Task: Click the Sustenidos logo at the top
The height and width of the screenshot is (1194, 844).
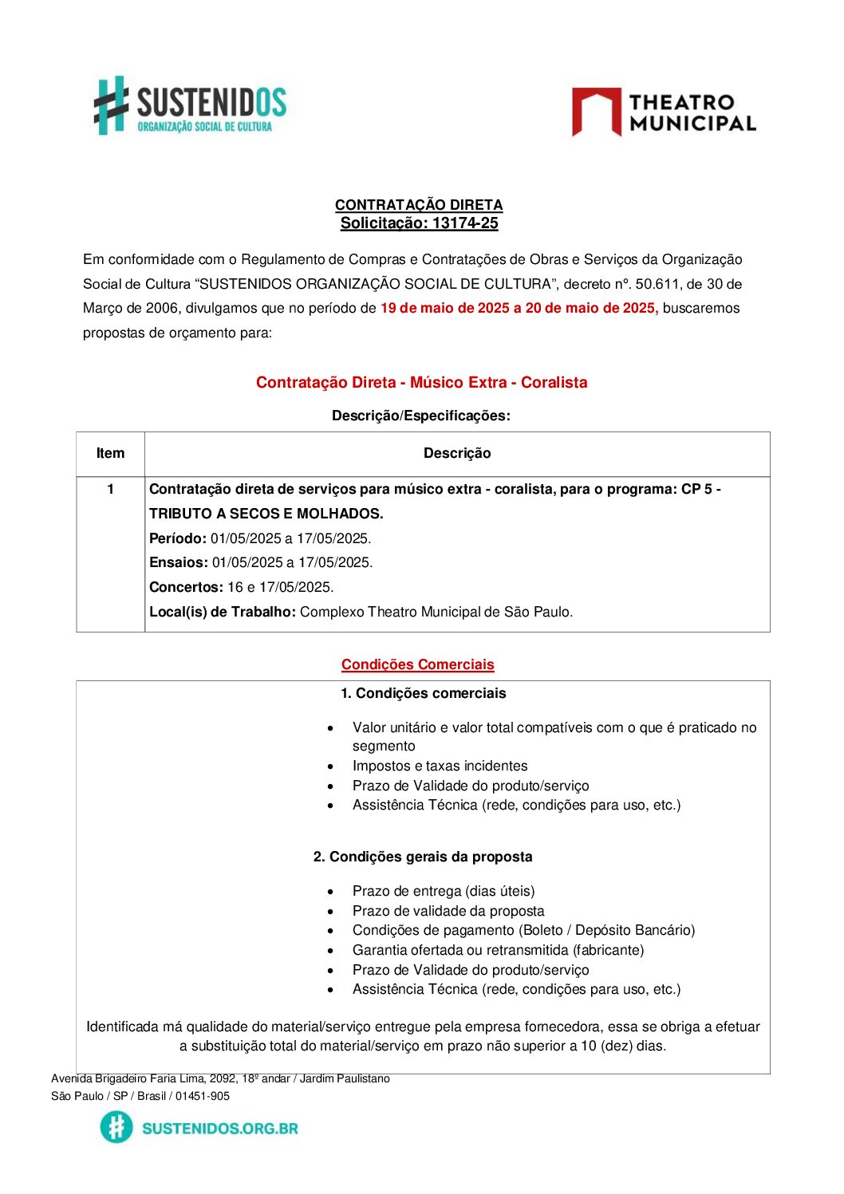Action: [190, 106]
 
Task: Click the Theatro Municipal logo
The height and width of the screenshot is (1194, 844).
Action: [664, 112]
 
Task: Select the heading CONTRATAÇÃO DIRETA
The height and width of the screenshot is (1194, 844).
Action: [419, 205]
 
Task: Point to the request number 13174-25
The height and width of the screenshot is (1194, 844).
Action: [465, 223]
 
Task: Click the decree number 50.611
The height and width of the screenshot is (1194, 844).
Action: [657, 284]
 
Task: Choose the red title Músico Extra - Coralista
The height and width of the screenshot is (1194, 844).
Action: [421, 382]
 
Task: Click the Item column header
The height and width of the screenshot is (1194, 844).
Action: [110, 453]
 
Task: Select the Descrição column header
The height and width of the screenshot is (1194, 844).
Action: [457, 453]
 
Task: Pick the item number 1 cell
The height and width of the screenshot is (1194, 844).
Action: [110, 489]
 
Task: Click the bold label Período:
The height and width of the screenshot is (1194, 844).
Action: [178, 538]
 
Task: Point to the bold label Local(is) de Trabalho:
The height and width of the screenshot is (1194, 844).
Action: [223, 612]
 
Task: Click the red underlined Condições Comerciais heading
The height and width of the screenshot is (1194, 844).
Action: [417, 664]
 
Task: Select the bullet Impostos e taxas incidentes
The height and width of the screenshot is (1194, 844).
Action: [440, 766]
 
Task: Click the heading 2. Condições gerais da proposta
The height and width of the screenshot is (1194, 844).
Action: [423, 857]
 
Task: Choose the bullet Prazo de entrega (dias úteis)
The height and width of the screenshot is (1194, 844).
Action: [444, 891]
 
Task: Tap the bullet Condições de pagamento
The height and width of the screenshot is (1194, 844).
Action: [523, 930]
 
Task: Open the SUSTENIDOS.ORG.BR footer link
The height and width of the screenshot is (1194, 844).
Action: [219, 1128]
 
